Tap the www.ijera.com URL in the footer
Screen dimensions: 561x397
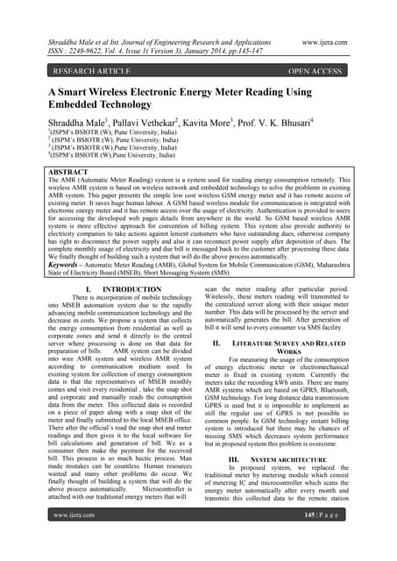[74, 541]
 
